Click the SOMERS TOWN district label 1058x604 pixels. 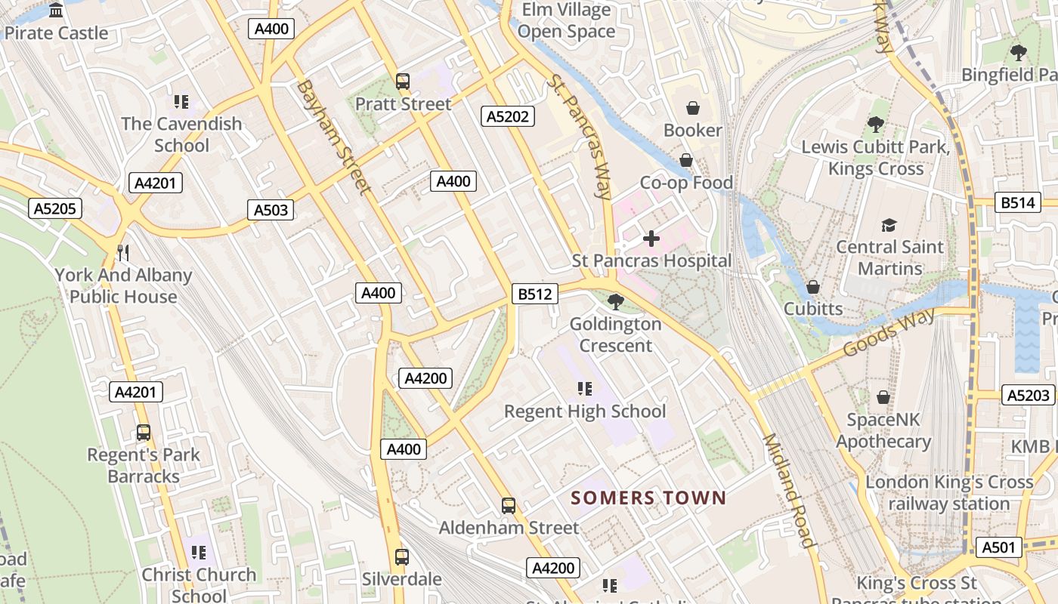click(648, 498)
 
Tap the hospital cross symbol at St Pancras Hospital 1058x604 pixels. click(651, 239)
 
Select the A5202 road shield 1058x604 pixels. click(508, 116)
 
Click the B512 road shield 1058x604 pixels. click(535, 294)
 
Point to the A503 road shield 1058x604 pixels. click(271, 210)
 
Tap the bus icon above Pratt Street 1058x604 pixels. click(403, 82)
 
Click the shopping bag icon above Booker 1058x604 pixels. click(692, 109)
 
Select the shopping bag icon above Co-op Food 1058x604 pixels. click(686, 160)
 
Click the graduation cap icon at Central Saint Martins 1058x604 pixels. click(889, 225)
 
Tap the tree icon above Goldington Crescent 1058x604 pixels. click(615, 302)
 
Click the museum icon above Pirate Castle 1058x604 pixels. click(56, 11)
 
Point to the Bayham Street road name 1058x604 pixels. click(333, 137)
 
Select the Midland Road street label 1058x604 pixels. click(789, 490)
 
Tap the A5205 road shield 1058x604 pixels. click(56, 208)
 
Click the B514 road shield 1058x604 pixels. click(1019, 202)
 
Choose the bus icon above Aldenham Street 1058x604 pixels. click(509, 505)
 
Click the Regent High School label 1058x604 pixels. click(585, 411)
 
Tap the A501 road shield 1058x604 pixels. click(998, 547)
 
